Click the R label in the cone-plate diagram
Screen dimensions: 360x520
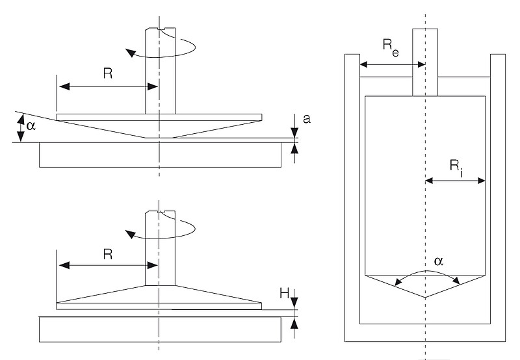[x=108, y=73]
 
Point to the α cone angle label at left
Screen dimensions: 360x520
[x=29, y=122]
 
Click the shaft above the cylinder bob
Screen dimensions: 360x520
[x=426, y=62]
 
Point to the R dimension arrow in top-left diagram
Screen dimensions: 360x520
[x=108, y=86]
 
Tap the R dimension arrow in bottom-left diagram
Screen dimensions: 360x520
[x=108, y=265]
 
